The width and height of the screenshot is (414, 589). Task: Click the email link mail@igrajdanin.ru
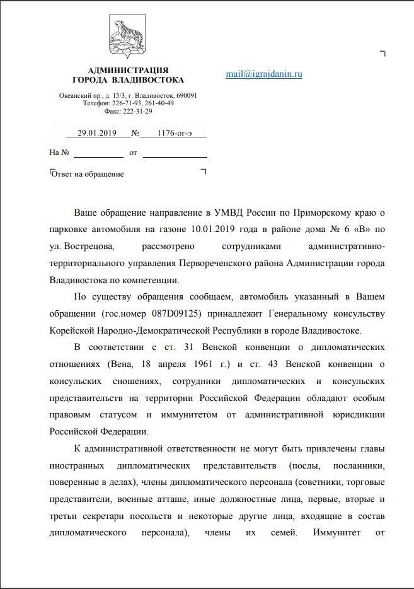[264, 74]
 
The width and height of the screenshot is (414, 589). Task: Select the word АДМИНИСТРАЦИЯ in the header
[129, 70]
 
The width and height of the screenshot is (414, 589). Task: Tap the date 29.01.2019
[93, 133]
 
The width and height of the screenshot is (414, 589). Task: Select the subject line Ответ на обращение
[88, 173]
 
